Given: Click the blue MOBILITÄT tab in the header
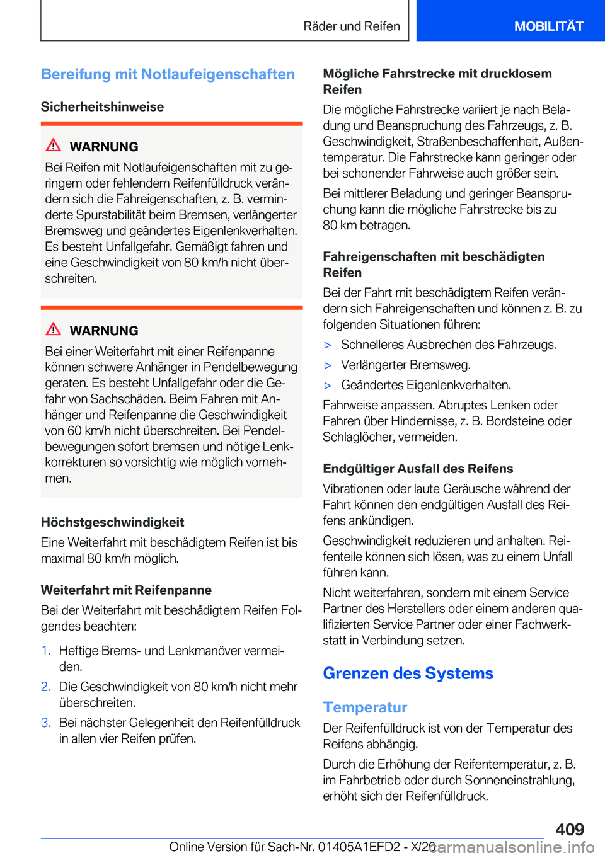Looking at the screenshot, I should click(x=548, y=26).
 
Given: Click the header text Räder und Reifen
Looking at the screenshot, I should click(x=352, y=26).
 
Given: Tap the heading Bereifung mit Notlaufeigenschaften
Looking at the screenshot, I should click(x=168, y=74).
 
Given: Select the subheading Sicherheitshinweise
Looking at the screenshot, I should click(x=102, y=106).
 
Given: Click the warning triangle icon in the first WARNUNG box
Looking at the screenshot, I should click(x=54, y=146).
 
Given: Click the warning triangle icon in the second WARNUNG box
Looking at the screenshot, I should click(x=54, y=329).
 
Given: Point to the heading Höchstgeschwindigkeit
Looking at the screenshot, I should click(x=112, y=522).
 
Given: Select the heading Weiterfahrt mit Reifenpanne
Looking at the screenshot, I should click(x=126, y=590).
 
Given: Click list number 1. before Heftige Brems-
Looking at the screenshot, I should click(x=46, y=651).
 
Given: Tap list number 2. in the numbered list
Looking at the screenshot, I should click(x=46, y=687).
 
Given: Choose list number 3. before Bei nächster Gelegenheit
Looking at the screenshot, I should click(x=46, y=723).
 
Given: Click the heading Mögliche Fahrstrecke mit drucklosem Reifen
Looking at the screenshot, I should click(x=437, y=81).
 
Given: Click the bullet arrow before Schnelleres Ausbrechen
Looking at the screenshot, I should click(x=328, y=345).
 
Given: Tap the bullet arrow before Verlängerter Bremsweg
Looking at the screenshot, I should click(x=328, y=365).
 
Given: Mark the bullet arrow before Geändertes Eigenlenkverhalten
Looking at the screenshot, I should click(x=328, y=386).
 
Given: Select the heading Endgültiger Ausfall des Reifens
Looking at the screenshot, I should click(x=418, y=469).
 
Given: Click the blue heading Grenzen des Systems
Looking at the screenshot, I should click(x=408, y=673).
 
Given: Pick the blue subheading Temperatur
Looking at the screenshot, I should click(x=365, y=707).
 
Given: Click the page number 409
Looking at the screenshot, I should click(x=570, y=829).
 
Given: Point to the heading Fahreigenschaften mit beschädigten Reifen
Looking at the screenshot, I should click(x=434, y=265).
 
